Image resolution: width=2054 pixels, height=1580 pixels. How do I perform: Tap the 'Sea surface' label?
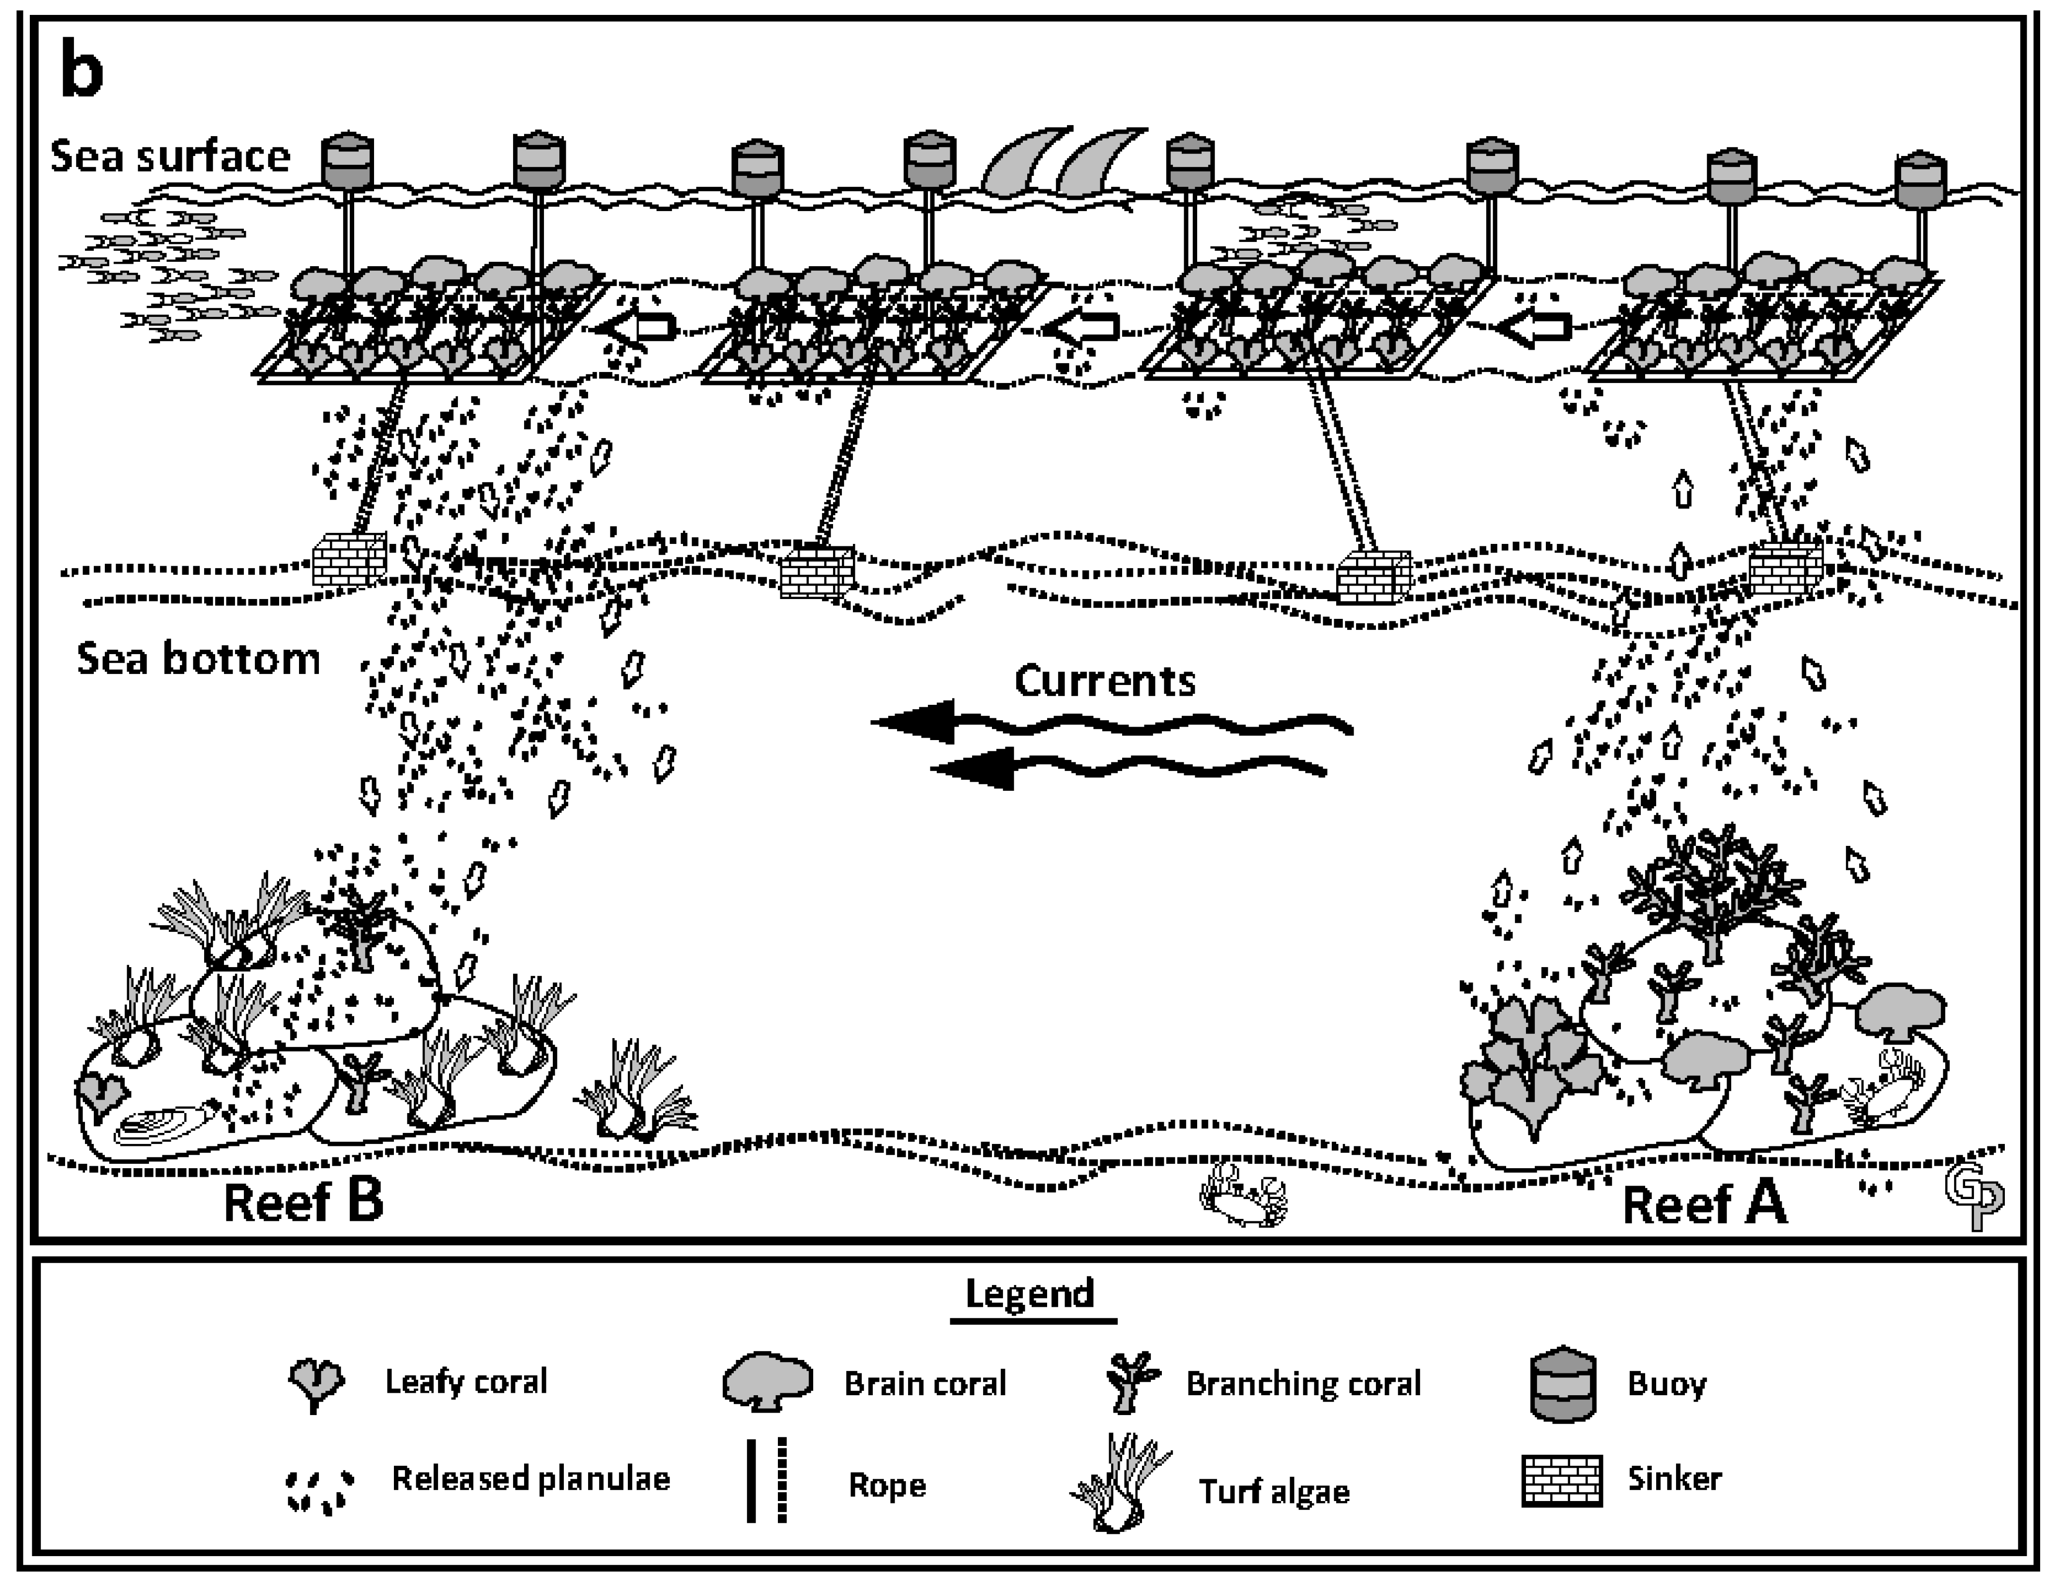click(170, 156)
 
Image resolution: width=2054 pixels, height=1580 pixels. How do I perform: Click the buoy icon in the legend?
click(1562, 1384)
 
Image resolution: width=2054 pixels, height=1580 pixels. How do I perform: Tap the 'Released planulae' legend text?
click(531, 1479)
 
